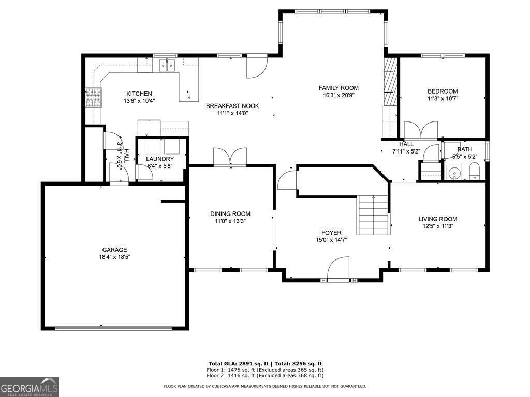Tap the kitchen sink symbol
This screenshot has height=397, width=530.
(167, 65)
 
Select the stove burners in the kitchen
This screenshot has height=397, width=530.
(93, 97)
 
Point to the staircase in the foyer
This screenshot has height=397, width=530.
(373, 215)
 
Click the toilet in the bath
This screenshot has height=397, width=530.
(475, 171)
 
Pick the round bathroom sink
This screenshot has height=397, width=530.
(454, 173)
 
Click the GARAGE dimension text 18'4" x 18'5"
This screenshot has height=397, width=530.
(114, 257)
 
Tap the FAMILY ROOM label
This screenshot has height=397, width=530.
(338, 88)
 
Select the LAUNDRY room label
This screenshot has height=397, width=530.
(160, 159)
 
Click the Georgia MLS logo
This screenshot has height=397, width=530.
(30, 387)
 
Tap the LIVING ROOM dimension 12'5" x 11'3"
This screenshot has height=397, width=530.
(438, 226)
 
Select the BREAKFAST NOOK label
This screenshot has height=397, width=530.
(232, 106)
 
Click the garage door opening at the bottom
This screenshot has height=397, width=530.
(114, 327)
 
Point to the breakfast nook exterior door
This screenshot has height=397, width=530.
(256, 67)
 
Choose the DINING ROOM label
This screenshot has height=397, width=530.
(230, 213)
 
